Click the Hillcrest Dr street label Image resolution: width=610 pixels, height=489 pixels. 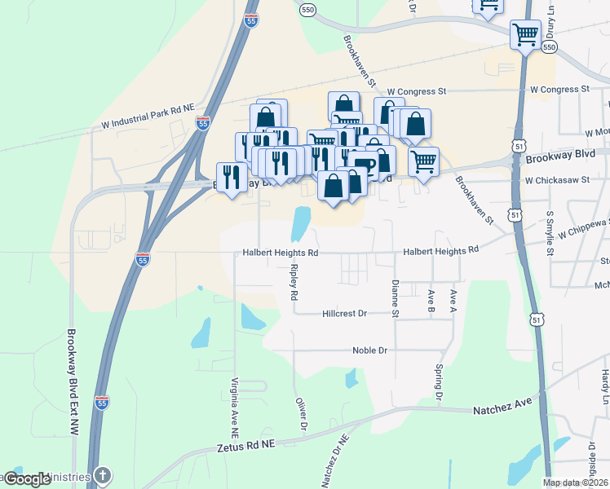345,313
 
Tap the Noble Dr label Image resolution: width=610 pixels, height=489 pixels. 369,350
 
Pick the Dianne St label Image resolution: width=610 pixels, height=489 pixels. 395,298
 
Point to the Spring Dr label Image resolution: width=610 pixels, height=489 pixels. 438,383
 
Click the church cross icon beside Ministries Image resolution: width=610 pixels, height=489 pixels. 103,475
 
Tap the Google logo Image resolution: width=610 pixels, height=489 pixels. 28,480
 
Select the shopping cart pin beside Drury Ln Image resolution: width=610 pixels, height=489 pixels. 525,35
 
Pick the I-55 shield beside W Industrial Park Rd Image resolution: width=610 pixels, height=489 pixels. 203,122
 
